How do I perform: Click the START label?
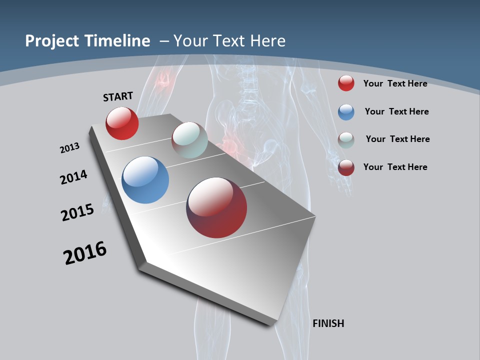118,96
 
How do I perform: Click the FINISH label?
328,323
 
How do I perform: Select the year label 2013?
69,148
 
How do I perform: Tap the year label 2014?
73,177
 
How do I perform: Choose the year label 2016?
85,253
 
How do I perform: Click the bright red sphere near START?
122,123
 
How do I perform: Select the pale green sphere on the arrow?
189,140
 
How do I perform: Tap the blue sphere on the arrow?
145,180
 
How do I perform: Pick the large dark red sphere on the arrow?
216,207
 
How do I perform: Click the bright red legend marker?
346,83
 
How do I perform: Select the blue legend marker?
346,112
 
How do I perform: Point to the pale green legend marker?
346,140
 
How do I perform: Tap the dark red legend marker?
346,167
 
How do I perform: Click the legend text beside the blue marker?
396,111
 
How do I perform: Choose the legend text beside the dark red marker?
395,167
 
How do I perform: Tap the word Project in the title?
52,41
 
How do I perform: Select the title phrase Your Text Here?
229,41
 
